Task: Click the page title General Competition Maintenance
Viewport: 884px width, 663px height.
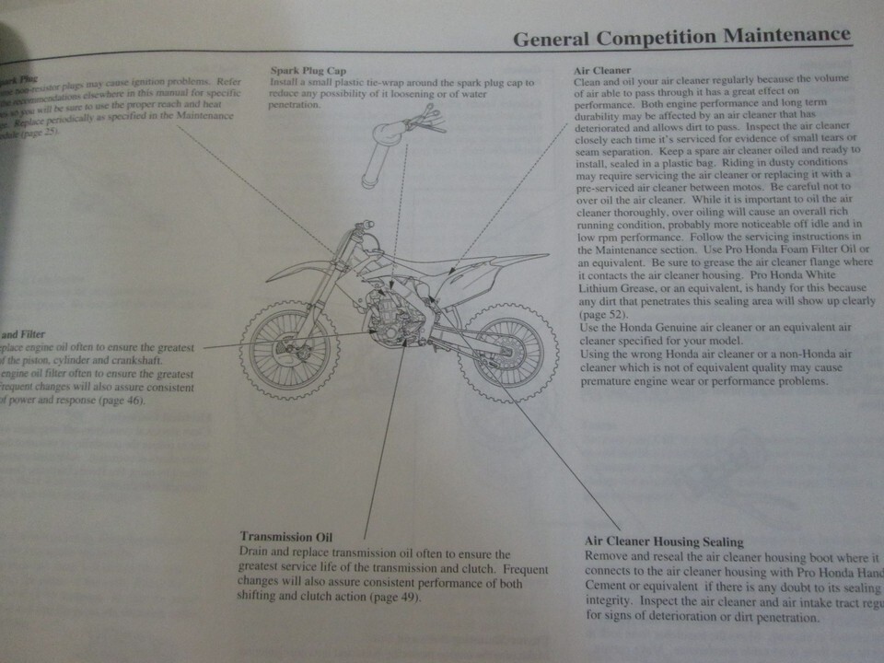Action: pyautogui.click(x=680, y=38)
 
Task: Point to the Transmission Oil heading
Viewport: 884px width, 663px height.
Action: pyautogui.click(x=285, y=536)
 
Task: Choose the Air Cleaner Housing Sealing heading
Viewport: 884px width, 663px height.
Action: pyautogui.click(x=664, y=542)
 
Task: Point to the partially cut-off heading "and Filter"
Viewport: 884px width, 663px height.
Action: pyautogui.click(x=23, y=334)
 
